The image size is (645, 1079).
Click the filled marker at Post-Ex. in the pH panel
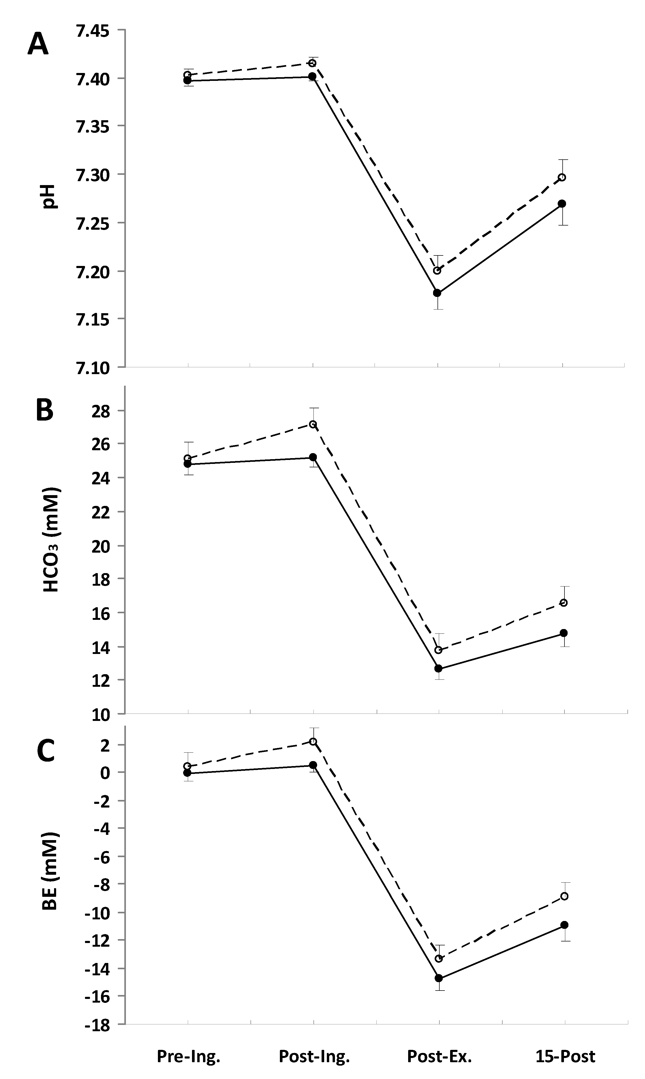tap(437, 293)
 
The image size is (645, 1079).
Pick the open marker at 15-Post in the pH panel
tap(562, 177)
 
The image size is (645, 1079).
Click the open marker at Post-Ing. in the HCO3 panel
tap(312, 424)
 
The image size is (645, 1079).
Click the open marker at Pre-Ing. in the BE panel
tap(187, 766)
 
